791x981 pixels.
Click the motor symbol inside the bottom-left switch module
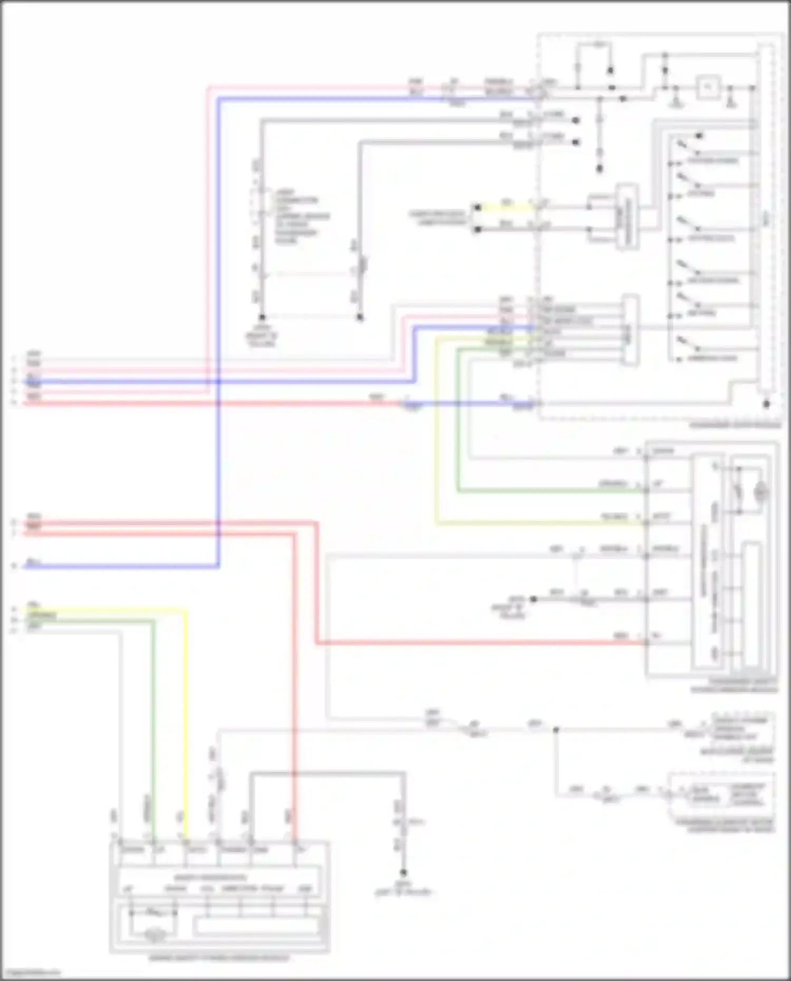coord(155,936)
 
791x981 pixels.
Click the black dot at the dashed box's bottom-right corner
coord(766,404)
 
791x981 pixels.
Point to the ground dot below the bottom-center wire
coord(403,872)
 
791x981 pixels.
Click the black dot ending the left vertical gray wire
coord(262,317)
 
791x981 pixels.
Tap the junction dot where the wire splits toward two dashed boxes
coord(555,730)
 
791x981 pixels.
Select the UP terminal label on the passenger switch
coord(658,483)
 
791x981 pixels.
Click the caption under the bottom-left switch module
coord(219,957)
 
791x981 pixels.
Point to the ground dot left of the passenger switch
coord(533,599)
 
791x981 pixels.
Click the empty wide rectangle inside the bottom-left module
coord(257,926)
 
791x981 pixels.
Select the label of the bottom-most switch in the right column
coord(712,359)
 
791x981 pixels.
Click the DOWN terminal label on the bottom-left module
coord(131,850)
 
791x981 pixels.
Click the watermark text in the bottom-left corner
coord(31,973)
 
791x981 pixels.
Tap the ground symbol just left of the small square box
coord(676,102)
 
